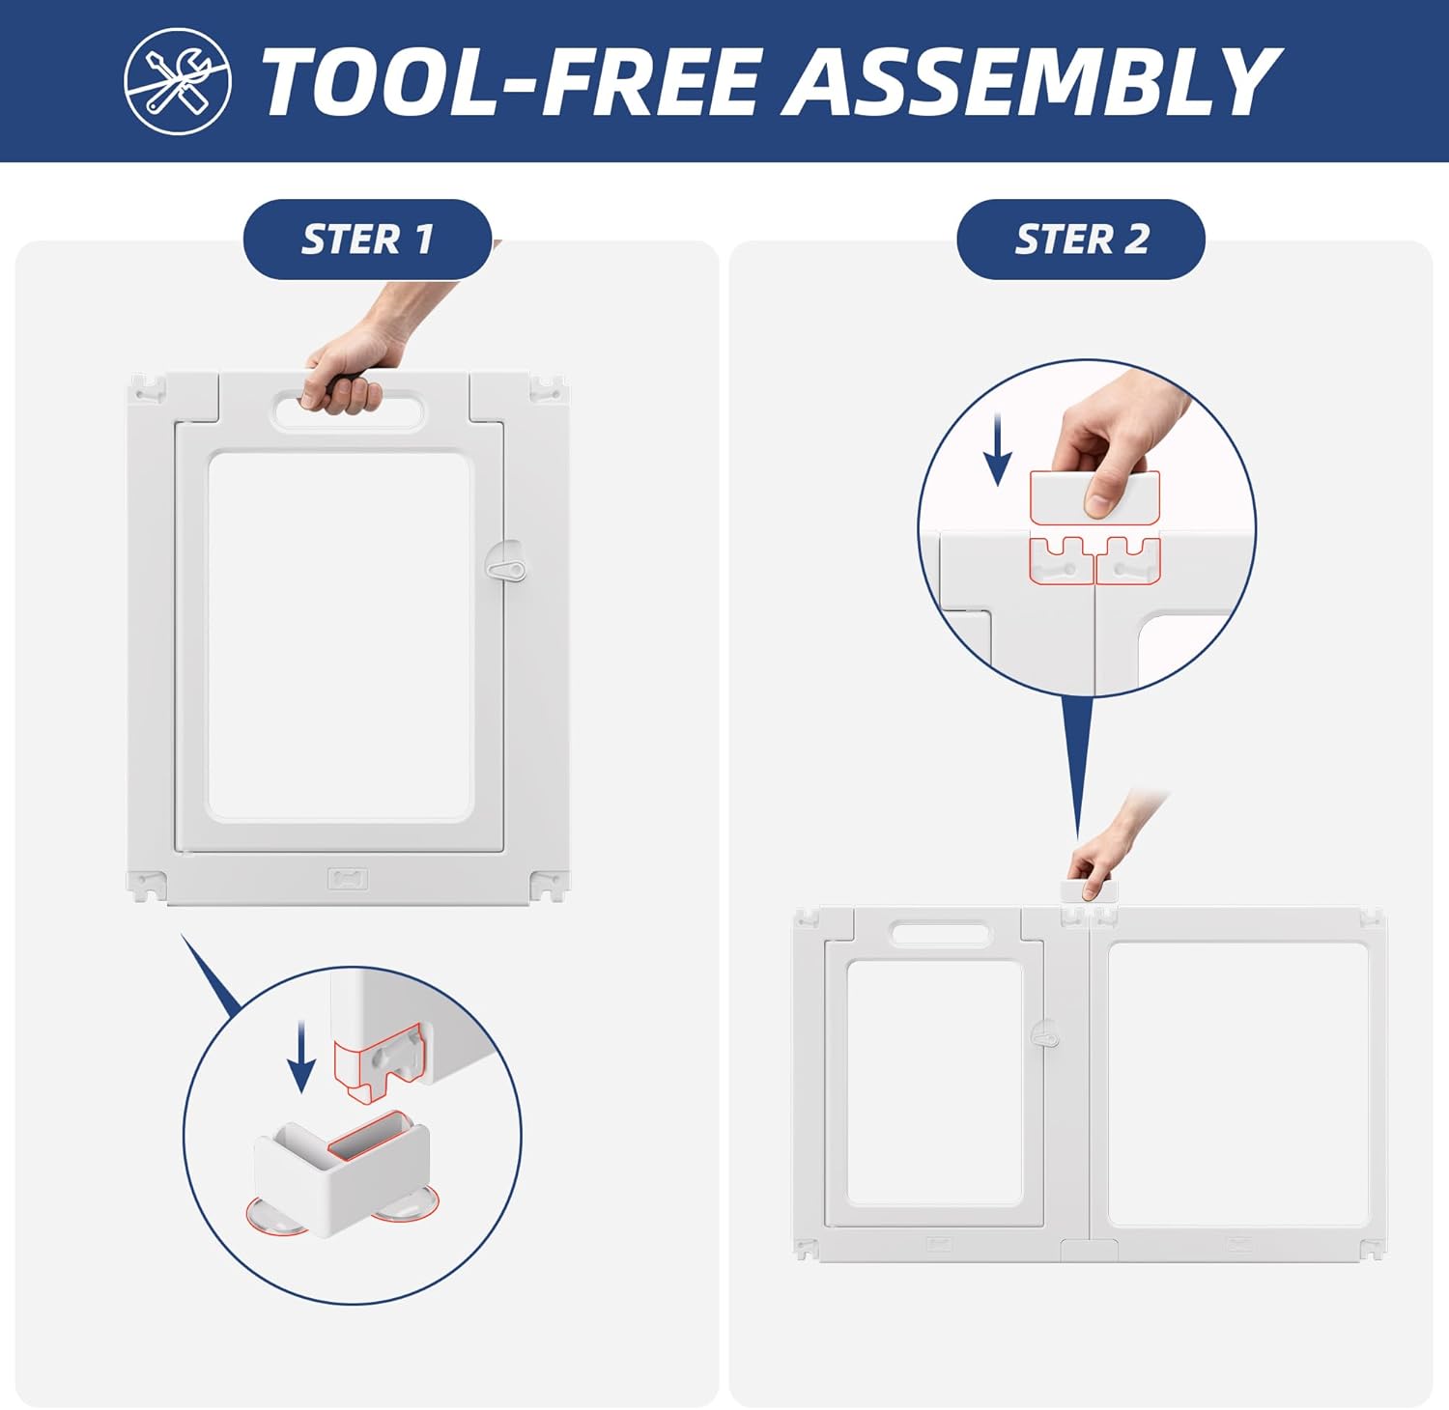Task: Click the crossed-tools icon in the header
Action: point(178,81)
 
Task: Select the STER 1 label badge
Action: point(367,240)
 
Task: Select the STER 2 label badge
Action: point(1081,240)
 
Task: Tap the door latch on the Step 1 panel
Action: point(505,569)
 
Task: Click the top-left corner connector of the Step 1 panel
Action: point(148,389)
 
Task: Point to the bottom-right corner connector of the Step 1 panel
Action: point(548,886)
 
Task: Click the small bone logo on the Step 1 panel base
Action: point(347,878)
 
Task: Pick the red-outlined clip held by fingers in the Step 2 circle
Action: point(1094,497)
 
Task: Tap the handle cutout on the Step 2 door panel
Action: point(940,934)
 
